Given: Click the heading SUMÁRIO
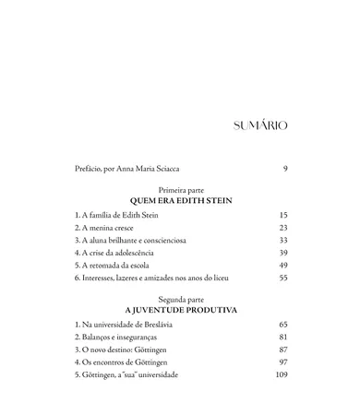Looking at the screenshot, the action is [x=254, y=125].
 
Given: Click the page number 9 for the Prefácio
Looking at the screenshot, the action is [x=284, y=169].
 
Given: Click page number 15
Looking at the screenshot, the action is [x=282, y=214].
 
